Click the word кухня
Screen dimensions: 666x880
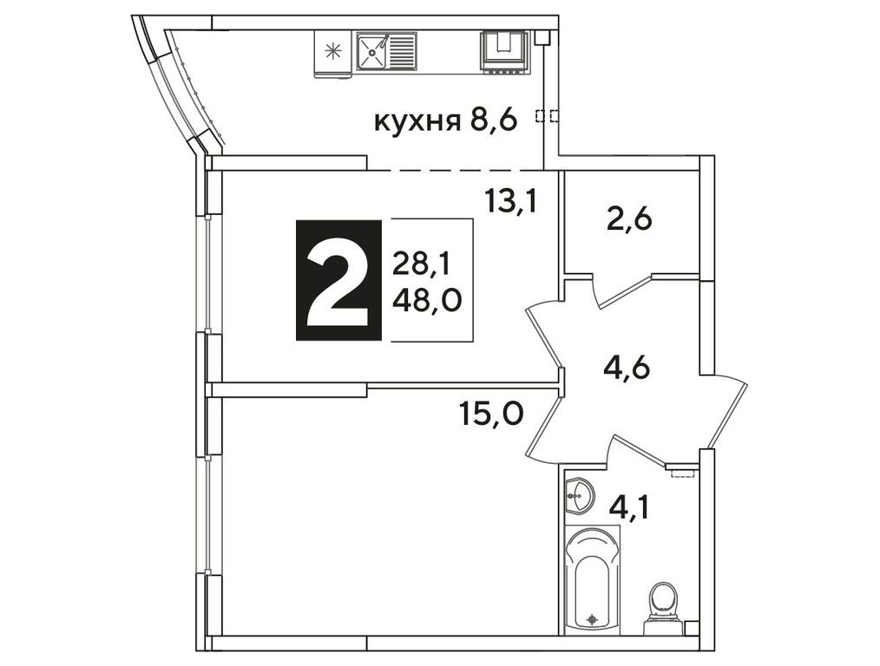pos(417,121)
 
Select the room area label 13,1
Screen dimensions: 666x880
pos(511,202)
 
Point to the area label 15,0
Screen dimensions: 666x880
pos(491,415)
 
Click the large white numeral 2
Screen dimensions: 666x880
pos(339,280)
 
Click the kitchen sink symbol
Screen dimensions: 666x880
pos(386,50)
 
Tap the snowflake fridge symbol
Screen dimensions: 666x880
pos(332,50)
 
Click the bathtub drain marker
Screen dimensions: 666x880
pos(593,619)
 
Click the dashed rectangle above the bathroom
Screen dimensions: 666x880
pos(683,473)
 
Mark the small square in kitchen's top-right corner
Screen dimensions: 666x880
pos(542,36)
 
